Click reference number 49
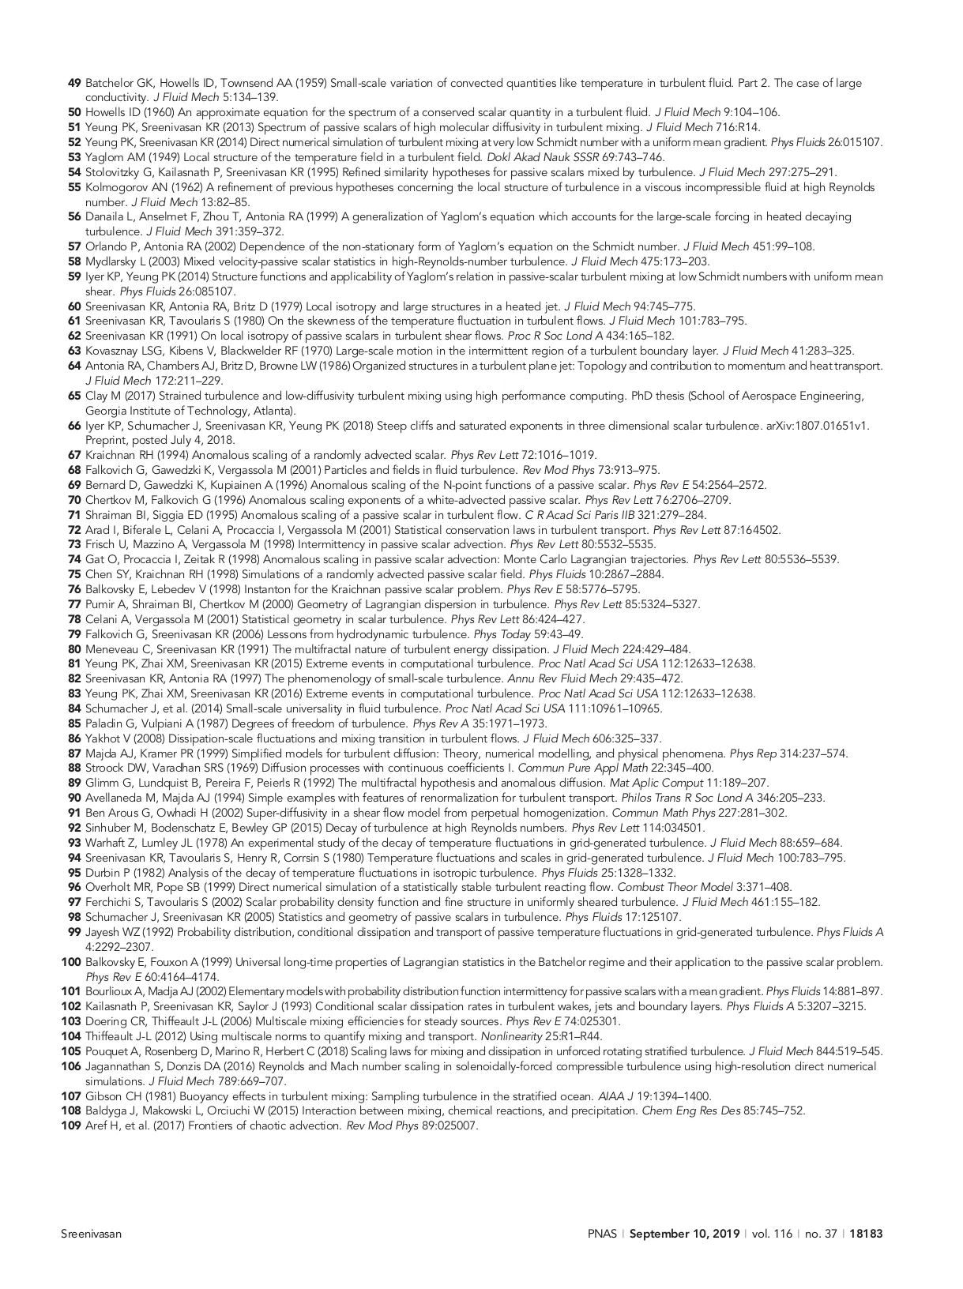74,83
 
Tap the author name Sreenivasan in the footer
91,1234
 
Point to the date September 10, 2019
684,1234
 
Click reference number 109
71,1126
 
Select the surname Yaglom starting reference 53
103,157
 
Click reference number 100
71,962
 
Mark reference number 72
74,530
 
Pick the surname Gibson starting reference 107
101,1095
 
